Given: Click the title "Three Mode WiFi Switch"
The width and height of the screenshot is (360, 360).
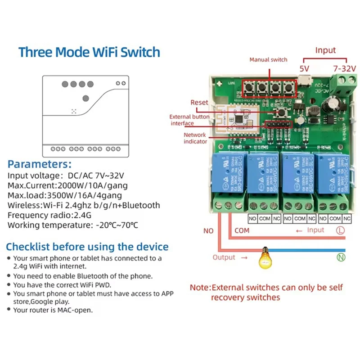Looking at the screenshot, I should (89, 52).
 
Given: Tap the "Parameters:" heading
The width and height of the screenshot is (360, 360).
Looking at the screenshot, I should (40, 164).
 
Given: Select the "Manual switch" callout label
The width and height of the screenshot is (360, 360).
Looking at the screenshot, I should (268, 59).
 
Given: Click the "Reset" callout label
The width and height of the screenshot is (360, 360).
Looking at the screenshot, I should (199, 103).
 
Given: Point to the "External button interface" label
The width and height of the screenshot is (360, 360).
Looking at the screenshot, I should (189, 120).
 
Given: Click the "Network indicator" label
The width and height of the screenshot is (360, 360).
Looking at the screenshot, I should (195, 138).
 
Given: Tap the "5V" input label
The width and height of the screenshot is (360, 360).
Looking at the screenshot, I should (305, 68).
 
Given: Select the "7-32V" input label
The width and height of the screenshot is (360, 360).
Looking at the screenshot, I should (344, 68).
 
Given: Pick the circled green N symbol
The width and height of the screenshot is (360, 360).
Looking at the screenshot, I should (341, 257).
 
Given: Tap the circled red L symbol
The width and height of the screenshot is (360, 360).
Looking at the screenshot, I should (341, 230).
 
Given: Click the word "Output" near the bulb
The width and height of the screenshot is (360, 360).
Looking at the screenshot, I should (224, 257).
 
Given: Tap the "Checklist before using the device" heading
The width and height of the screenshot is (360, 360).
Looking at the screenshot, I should (87, 247).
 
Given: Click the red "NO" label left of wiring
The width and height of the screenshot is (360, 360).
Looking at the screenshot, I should (208, 230).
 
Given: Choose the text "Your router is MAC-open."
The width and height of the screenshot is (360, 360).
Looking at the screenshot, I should (53, 310).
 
